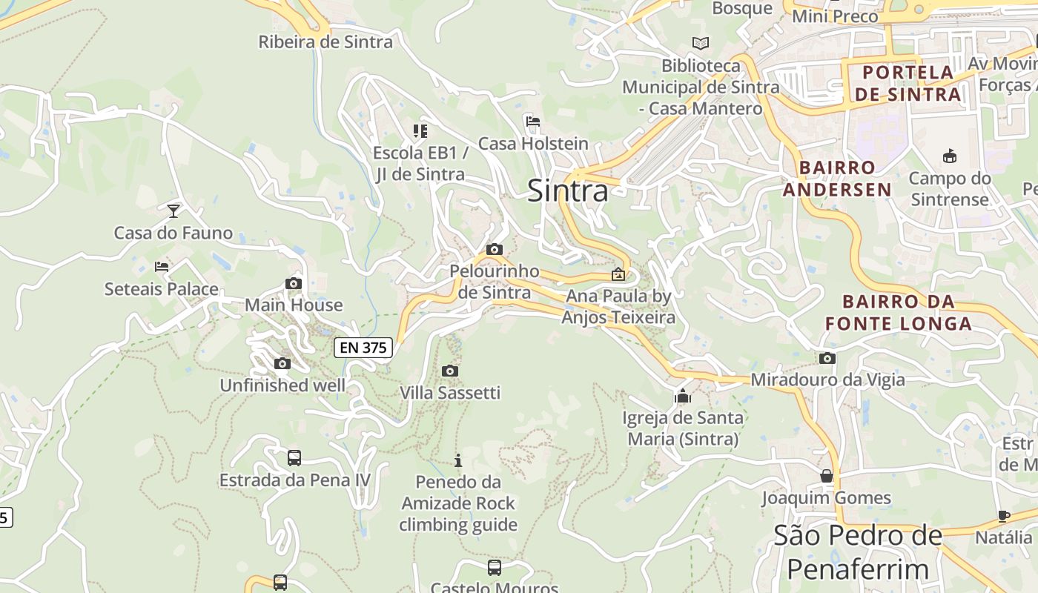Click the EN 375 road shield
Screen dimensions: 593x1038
[x=363, y=347]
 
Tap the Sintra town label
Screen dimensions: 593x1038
[x=568, y=191]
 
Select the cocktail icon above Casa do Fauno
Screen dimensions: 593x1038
[x=173, y=211]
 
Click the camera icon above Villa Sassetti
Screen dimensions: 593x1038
[x=450, y=371]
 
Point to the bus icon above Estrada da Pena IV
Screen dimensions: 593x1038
[x=294, y=457]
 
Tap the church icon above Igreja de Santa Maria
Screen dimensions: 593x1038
[x=683, y=396]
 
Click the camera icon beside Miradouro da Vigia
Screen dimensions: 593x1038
[x=827, y=358]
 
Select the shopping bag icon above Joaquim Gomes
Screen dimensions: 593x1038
[x=827, y=475]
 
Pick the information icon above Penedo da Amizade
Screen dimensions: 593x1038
[x=458, y=460]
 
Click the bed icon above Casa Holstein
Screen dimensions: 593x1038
[x=532, y=122]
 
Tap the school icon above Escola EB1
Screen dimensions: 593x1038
[x=420, y=131]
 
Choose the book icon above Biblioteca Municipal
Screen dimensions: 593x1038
[x=701, y=43]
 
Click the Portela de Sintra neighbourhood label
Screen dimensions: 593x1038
[x=908, y=83]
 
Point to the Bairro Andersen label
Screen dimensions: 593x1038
[x=838, y=178]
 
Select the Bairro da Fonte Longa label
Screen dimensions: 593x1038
[x=899, y=312]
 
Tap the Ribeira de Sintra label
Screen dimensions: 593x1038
[x=325, y=42]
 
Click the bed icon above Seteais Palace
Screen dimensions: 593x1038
[x=162, y=267]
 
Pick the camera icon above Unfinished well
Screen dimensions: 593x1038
[x=282, y=363]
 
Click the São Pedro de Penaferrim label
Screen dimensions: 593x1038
[x=858, y=552]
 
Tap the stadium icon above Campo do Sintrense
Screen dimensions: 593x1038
[x=950, y=156]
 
